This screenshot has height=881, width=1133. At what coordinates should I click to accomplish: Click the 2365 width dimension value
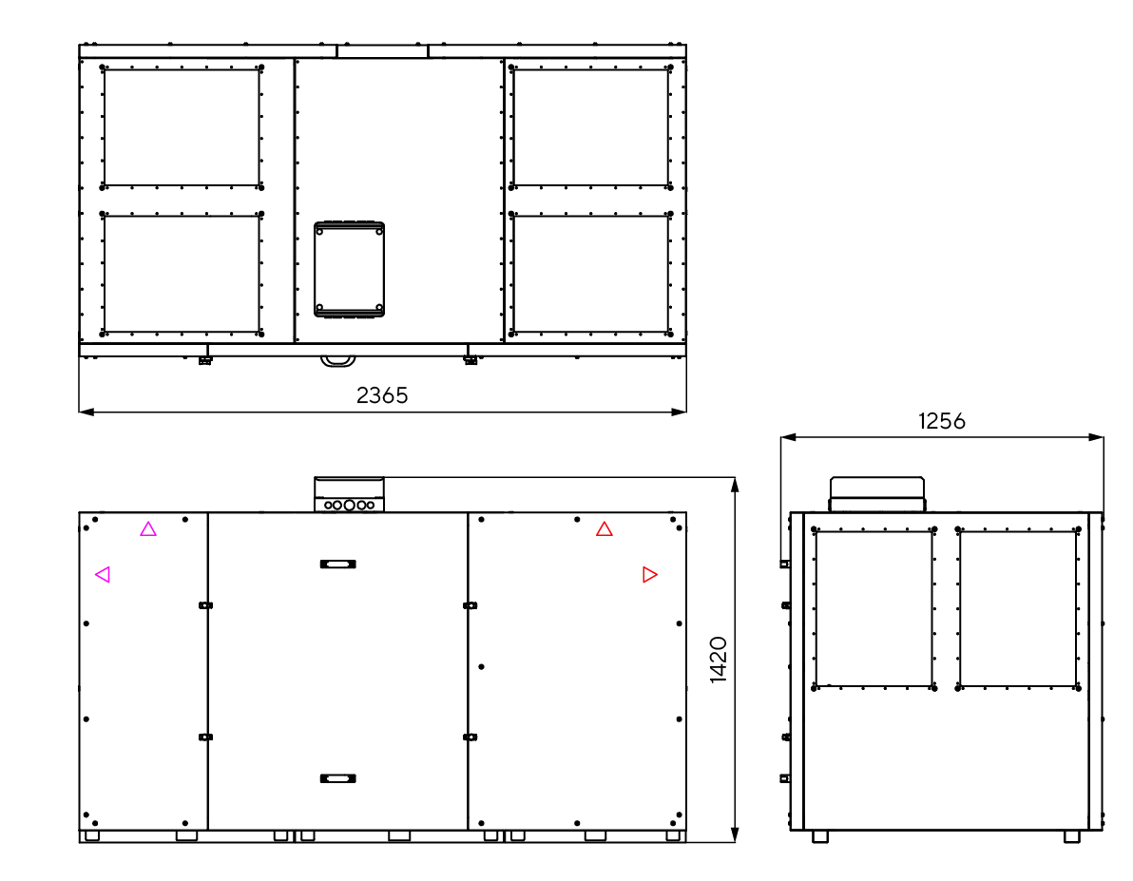pos(382,395)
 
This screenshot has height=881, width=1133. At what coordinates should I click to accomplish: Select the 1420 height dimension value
pos(719,660)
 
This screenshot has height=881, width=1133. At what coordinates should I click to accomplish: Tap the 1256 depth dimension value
pos(942,421)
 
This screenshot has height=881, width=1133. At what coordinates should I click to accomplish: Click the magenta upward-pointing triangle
pos(148,529)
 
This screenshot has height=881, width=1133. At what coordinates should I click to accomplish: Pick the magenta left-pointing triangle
pos(103,575)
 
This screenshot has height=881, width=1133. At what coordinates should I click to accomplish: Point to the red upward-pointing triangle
pos(605,529)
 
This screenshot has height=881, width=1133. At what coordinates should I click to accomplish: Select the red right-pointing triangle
pos(649,575)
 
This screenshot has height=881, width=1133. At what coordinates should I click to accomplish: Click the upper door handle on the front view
pos(337,564)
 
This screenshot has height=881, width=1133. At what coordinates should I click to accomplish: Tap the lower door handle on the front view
pos(337,778)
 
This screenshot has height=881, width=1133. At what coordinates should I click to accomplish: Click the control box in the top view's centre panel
pos(349,270)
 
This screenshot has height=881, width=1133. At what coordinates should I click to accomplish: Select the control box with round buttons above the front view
pos(349,495)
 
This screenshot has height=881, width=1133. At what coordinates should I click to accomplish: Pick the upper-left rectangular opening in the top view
pos(182,127)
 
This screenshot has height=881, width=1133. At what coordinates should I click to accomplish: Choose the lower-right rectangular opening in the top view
pos(590,274)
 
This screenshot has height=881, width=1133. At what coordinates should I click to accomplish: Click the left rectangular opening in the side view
pos(874,608)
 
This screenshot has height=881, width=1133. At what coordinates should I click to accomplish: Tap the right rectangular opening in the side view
pos(1017,608)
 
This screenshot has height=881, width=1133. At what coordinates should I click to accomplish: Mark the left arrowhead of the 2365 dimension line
pos(86,412)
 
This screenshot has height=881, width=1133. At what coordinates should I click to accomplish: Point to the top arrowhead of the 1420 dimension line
pos(735,485)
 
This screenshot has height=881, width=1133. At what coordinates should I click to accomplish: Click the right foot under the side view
pos(1072,836)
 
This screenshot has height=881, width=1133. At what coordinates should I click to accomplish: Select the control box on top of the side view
pos(877,494)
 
